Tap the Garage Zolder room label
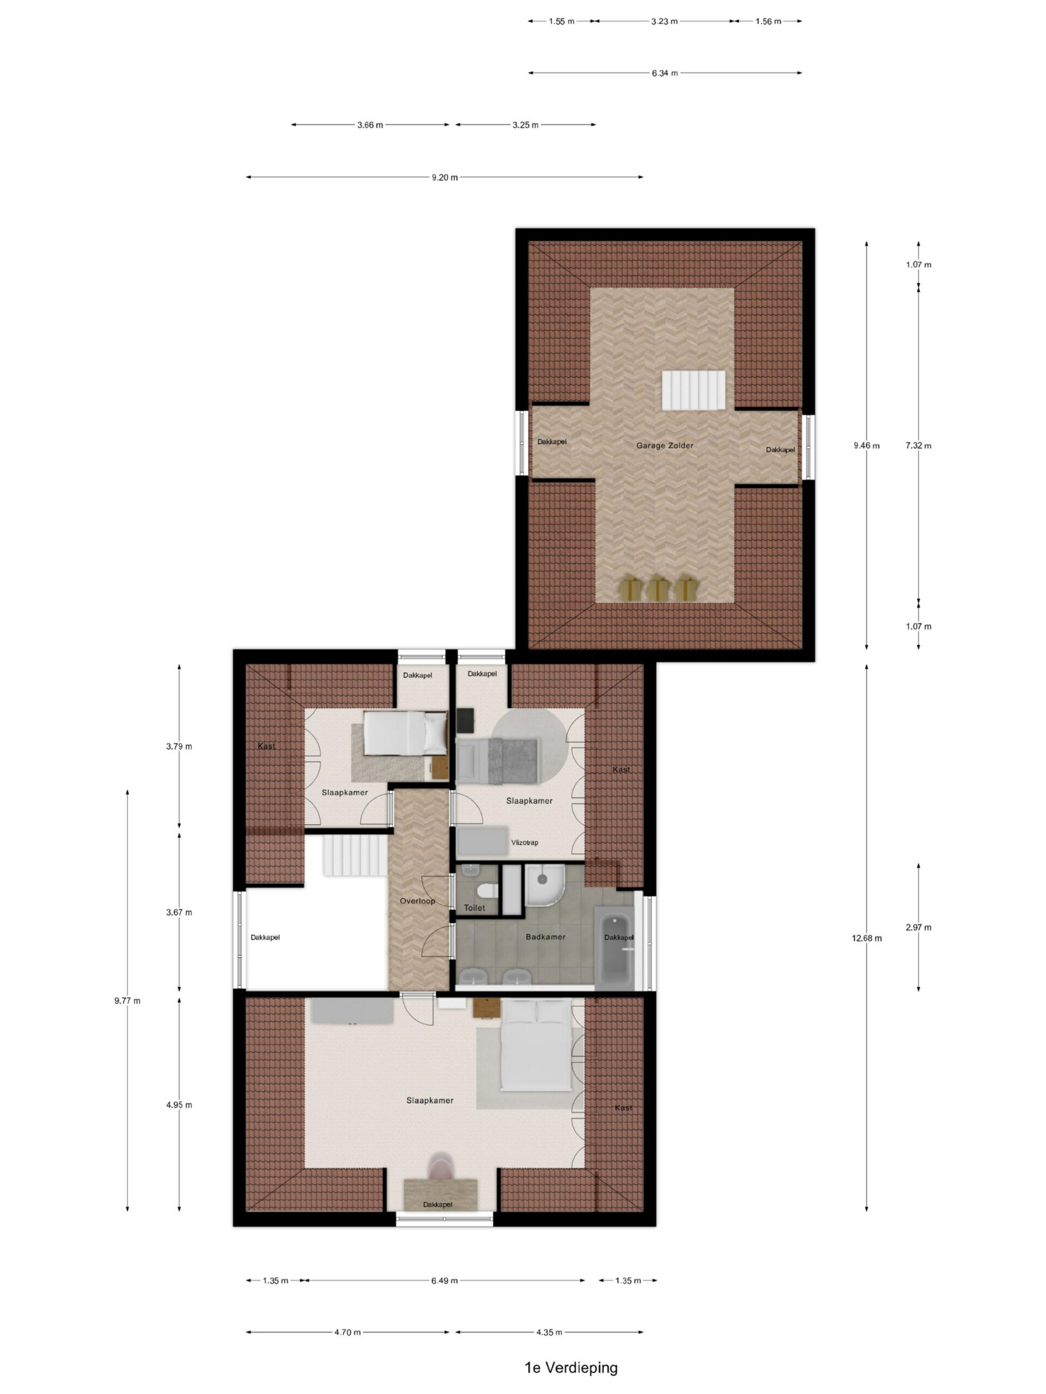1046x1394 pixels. [x=665, y=445]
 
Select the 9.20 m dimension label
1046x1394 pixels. [x=445, y=177]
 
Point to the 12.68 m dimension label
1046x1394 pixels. [x=866, y=938]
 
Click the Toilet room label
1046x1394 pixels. [x=474, y=908]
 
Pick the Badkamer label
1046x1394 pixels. [x=545, y=937]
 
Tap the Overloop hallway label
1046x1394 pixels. [x=417, y=901]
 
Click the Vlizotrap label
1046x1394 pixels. [x=525, y=842]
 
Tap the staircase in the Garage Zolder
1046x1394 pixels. [x=693, y=390]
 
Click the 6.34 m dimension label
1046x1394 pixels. [x=665, y=73]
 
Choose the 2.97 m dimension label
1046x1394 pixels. [x=918, y=927]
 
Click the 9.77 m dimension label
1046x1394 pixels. [x=127, y=1000]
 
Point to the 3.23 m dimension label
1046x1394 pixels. [x=665, y=21]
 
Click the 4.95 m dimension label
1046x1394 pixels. [x=179, y=1104]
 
